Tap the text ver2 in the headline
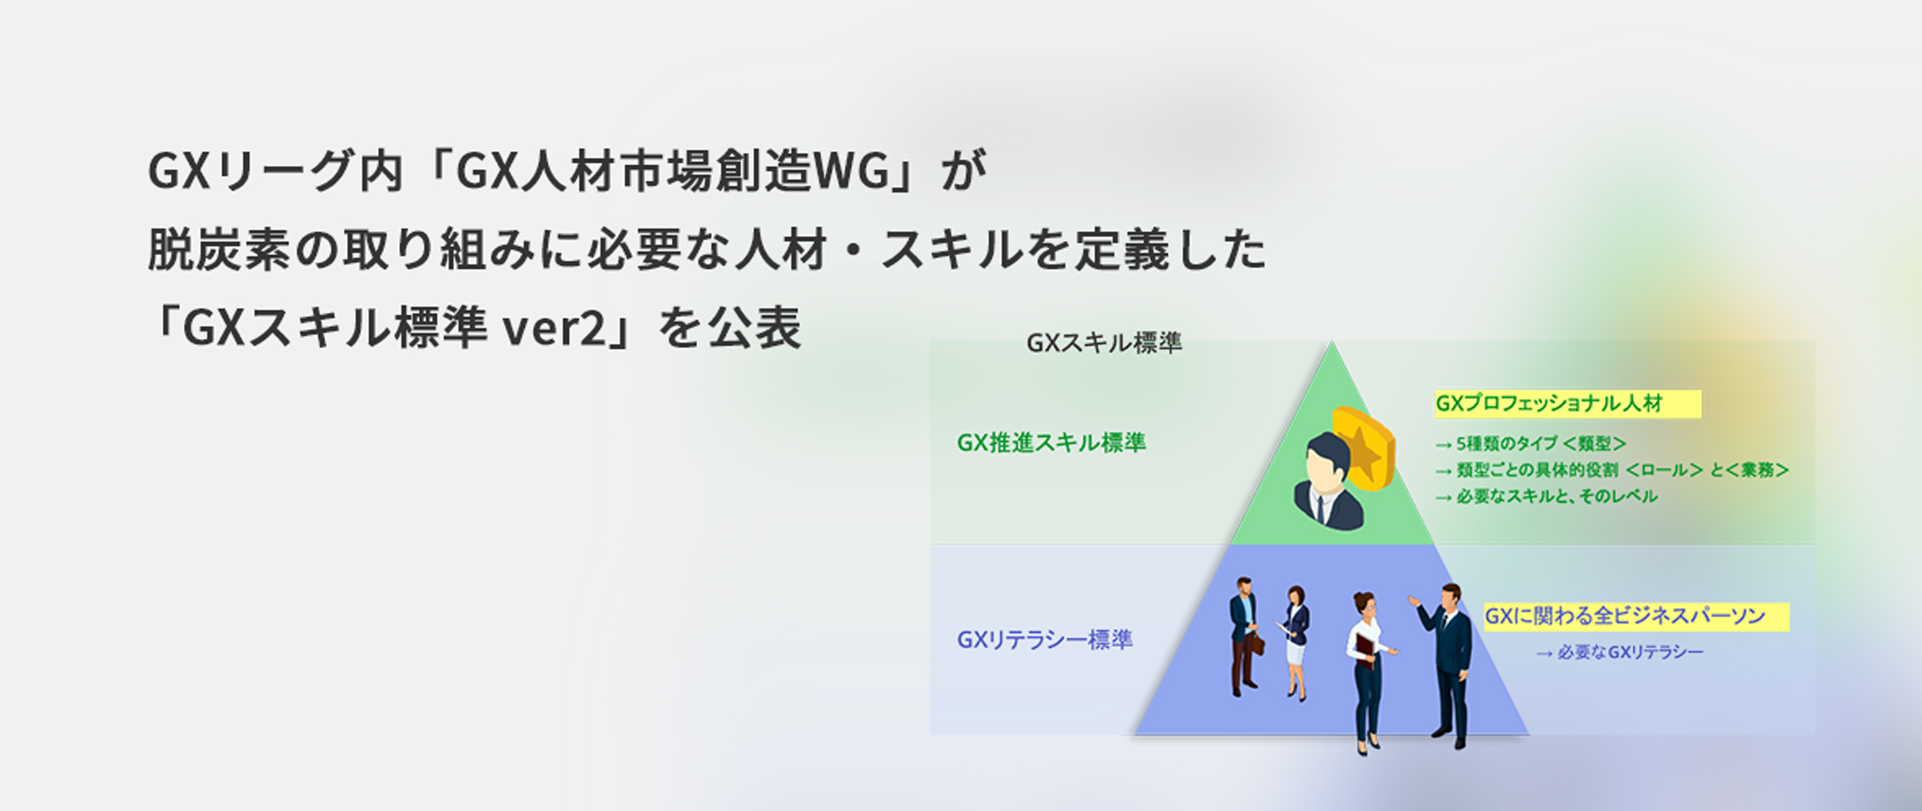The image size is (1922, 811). (554, 328)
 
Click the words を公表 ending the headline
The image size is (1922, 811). (730, 328)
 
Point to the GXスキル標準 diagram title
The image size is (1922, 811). (1104, 343)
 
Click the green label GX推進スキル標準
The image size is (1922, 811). (1051, 443)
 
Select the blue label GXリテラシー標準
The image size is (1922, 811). (1044, 640)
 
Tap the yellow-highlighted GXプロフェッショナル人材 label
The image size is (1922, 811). (1549, 404)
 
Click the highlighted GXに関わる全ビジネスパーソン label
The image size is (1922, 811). (1624, 616)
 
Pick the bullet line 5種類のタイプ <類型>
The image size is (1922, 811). (1531, 444)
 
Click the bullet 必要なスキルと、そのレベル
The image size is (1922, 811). (1546, 497)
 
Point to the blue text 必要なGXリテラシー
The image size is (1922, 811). (1620, 653)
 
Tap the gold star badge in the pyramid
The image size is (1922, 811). (1363, 449)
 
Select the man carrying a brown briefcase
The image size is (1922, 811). (1245, 637)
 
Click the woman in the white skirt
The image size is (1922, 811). (1295, 643)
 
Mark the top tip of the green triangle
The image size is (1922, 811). (1332, 342)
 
